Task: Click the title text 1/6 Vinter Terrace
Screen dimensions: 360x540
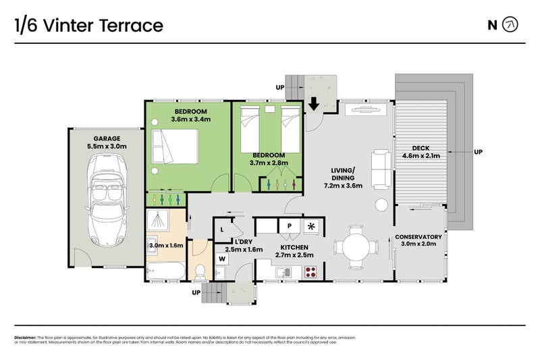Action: tap(88, 26)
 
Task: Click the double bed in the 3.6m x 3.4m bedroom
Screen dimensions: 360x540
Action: tap(175, 146)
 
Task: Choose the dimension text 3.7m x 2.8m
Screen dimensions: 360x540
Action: tap(269, 163)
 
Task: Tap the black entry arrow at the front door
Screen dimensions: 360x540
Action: tap(314, 104)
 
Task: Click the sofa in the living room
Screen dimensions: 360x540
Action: tap(380, 170)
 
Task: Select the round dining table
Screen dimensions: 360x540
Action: tap(355, 247)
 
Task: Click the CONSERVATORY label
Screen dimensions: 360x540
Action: tap(418, 236)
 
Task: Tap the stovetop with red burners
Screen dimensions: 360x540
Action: tap(311, 272)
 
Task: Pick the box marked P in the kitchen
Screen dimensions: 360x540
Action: tap(288, 226)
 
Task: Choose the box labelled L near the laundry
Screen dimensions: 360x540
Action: tap(222, 230)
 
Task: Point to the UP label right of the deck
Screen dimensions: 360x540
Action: tap(479, 151)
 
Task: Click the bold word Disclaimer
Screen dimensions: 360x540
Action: tap(25, 336)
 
